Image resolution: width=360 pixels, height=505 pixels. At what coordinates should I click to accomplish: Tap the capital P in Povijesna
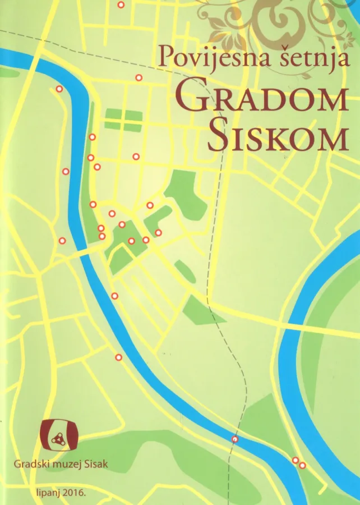pos(165,56)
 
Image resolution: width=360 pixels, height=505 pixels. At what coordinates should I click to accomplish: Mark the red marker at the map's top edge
pos(121,5)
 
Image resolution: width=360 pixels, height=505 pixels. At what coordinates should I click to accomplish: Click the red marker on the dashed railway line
pos(235,439)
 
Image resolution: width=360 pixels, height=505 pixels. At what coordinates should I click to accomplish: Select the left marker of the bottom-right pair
pos(296,460)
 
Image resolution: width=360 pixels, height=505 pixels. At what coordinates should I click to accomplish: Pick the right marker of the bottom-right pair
pos(302,465)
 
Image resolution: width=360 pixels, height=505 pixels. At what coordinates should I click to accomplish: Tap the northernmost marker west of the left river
pos(59,89)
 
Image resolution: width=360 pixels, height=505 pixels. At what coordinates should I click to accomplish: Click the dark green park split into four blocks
pos(123,119)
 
